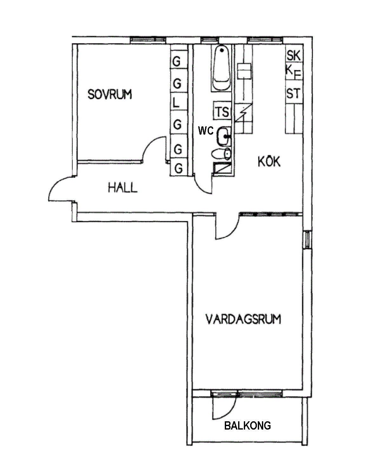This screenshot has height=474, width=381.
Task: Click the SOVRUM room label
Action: [110, 94]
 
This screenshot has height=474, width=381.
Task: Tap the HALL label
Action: [123, 187]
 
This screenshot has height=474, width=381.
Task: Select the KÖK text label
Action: [269, 162]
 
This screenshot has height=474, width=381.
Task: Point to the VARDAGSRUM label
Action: [244, 319]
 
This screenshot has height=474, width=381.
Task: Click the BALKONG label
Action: [247, 425]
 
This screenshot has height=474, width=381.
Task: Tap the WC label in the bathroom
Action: [206, 130]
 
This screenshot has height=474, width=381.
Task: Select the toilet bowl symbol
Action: [222, 154]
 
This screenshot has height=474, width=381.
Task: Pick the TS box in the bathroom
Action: [222, 111]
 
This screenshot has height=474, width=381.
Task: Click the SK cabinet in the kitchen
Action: [293, 56]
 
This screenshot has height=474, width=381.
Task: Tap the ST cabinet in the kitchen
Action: [293, 94]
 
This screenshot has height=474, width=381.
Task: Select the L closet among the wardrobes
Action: [177, 102]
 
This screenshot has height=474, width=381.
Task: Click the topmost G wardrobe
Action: [177, 61]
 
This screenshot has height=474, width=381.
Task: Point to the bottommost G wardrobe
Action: [179, 168]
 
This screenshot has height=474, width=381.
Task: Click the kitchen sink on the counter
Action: [244, 71]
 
